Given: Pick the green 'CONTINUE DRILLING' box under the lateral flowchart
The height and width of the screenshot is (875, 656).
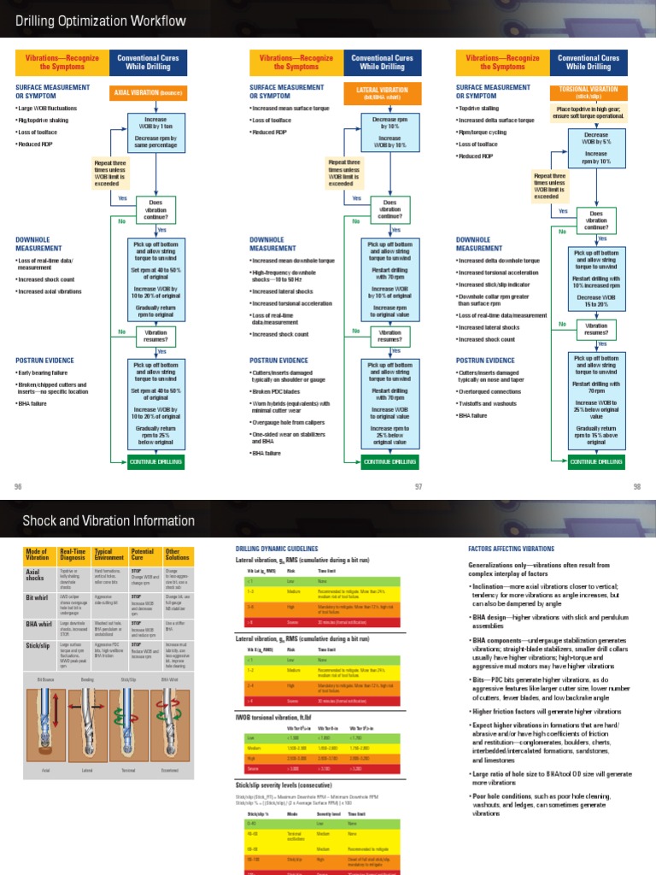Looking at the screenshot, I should coord(389,461).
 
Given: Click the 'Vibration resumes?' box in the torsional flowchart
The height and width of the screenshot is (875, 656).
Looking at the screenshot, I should coord(596,330).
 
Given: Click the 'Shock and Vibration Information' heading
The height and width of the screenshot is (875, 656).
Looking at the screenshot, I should coord(108,520).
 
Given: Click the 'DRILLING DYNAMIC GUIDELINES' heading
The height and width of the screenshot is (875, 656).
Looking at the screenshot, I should coord(276,549).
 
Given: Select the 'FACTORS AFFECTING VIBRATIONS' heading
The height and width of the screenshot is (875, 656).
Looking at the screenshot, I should coord(511,549).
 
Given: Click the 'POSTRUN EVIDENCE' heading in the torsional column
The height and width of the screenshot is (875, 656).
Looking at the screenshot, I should coord(485,361).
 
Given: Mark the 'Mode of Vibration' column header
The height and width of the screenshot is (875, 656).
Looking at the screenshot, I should coord(38,555).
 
